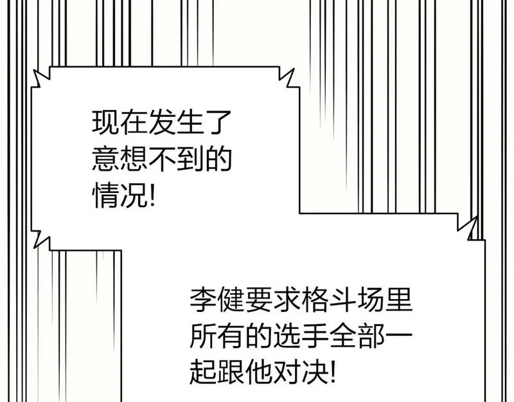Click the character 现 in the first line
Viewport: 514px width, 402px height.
click(105, 122)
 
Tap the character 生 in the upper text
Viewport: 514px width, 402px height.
click(190, 122)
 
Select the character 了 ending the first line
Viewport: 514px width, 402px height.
click(218, 122)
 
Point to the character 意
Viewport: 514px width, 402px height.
click(105, 160)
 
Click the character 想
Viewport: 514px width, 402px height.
click(134, 160)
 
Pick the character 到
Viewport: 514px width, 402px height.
click(190, 160)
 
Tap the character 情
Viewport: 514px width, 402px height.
click(105, 196)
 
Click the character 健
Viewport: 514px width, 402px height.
click(231, 300)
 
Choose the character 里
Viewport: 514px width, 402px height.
click(399, 300)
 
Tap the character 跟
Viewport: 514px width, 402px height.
click(231, 373)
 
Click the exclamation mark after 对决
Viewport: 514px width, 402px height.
click(333, 373)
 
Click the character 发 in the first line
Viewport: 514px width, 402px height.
click(162, 122)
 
